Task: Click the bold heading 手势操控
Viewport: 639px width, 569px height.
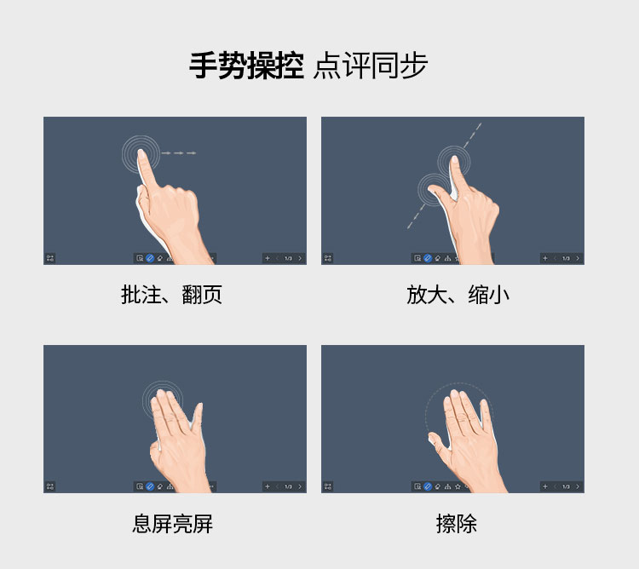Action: pyautogui.click(x=246, y=66)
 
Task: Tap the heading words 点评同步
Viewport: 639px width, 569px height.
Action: pyautogui.click(x=370, y=66)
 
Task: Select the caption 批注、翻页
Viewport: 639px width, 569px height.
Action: pyautogui.click(x=171, y=295)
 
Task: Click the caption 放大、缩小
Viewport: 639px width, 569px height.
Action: pyautogui.click(x=458, y=295)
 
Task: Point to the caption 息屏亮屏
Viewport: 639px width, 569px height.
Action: pyautogui.click(x=172, y=524)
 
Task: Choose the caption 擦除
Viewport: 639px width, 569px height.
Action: pyautogui.click(x=457, y=524)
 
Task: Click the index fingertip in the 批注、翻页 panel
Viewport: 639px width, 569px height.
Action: pyautogui.click(x=141, y=152)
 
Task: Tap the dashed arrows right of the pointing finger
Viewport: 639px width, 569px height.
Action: pyautogui.click(x=179, y=153)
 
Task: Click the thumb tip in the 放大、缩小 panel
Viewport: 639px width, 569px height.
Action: pyautogui.click(x=432, y=188)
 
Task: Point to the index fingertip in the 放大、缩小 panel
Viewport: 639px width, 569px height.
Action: pyautogui.click(x=455, y=158)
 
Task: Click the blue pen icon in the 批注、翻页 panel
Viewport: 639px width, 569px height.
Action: pyautogui.click(x=150, y=258)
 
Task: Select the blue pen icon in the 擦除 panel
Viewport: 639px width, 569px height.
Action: pyautogui.click(x=428, y=486)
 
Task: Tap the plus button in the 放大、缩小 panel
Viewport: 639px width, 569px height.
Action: pyautogui.click(x=545, y=258)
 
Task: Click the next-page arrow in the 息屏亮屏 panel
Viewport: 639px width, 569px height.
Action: pyautogui.click(x=300, y=486)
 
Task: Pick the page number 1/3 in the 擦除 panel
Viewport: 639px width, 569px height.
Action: pyautogui.click(x=566, y=486)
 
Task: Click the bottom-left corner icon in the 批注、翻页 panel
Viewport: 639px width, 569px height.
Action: pyautogui.click(x=50, y=258)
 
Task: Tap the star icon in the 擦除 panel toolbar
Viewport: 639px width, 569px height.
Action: pyautogui.click(x=458, y=486)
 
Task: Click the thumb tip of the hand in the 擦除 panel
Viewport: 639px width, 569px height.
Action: pyautogui.click(x=432, y=436)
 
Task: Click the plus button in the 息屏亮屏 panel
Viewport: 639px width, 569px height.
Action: pyautogui.click(x=268, y=486)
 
